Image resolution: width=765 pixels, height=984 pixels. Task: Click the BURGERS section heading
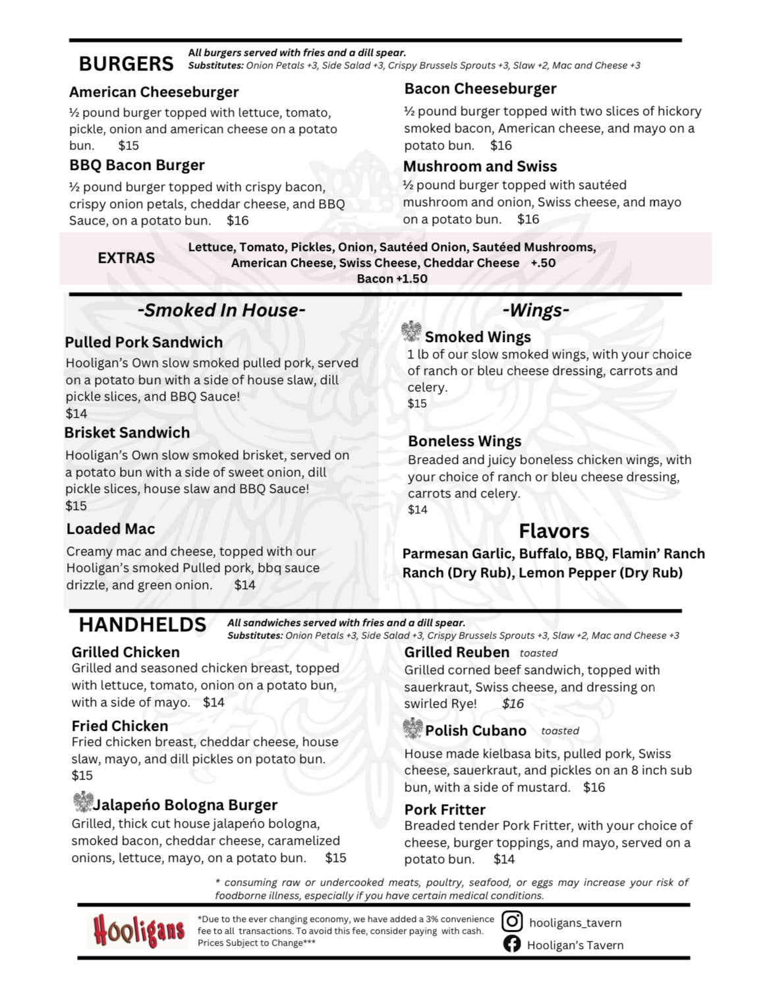(x=126, y=64)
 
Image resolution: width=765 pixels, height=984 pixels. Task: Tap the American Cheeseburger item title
(x=154, y=92)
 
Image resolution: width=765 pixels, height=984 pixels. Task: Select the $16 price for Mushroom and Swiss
(x=528, y=219)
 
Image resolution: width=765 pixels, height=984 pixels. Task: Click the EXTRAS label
(x=126, y=258)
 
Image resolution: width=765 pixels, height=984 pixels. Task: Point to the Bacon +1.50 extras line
(x=392, y=279)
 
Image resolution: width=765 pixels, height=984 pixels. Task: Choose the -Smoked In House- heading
(x=221, y=310)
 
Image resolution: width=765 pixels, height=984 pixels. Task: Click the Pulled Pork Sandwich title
(x=144, y=343)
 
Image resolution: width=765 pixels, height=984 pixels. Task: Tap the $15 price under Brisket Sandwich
(x=76, y=506)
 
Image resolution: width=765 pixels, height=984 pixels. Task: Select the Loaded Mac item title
(x=111, y=529)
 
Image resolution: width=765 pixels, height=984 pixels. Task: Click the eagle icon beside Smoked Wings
(x=412, y=332)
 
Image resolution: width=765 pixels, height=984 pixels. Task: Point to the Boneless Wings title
(x=465, y=442)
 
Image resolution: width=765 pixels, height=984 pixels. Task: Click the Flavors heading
(x=553, y=531)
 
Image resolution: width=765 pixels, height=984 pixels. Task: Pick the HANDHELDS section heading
(x=142, y=625)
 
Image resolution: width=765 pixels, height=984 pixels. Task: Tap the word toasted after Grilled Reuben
(x=538, y=653)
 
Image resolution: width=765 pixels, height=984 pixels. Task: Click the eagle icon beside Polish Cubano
(x=413, y=728)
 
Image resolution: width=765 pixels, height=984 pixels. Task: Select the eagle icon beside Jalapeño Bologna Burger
(x=82, y=802)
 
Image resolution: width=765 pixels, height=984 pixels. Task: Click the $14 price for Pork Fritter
(x=504, y=859)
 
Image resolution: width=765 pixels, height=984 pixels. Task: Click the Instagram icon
(x=512, y=921)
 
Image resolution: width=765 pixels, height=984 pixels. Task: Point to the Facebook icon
(x=512, y=944)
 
